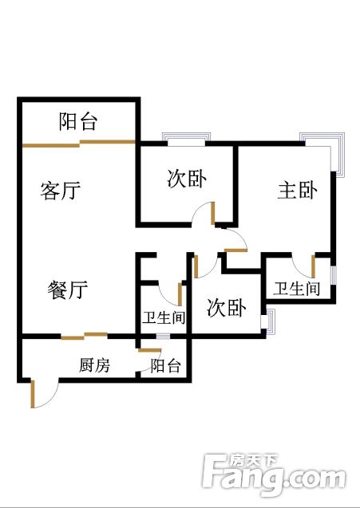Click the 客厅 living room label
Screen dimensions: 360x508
(61, 191)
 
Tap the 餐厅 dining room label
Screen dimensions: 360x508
(68, 289)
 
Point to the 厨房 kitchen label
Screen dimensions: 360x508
(94, 365)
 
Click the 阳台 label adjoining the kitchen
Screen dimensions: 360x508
(165, 366)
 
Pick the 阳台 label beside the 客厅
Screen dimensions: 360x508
(78, 121)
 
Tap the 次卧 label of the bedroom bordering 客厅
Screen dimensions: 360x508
(187, 179)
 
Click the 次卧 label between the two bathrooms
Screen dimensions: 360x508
(227, 308)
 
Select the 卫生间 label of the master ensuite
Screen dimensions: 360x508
(296, 289)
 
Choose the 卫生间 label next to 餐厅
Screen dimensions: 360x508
(164, 317)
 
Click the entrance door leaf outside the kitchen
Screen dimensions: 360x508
(33, 394)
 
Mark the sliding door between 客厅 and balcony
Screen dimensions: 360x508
(79, 144)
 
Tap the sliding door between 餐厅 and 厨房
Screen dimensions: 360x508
(85, 336)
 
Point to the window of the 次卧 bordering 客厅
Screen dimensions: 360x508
(186, 138)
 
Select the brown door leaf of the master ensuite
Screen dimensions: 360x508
(313, 266)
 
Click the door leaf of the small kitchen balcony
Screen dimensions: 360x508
(149, 350)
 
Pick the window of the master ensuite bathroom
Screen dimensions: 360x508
(334, 276)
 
